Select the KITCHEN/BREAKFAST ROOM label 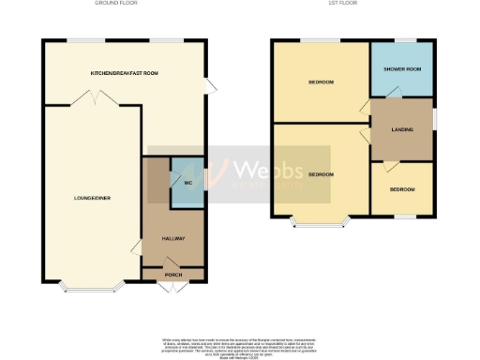pyautogui.click(x=124, y=73)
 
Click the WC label pyautogui.click(x=187, y=182)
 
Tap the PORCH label pyautogui.click(x=173, y=275)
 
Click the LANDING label pyautogui.click(x=402, y=129)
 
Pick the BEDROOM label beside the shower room pyautogui.click(x=322, y=82)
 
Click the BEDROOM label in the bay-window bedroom pyautogui.click(x=322, y=174)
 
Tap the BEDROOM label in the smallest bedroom pyautogui.click(x=402, y=190)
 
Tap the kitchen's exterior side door pyautogui.click(x=210, y=86)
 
